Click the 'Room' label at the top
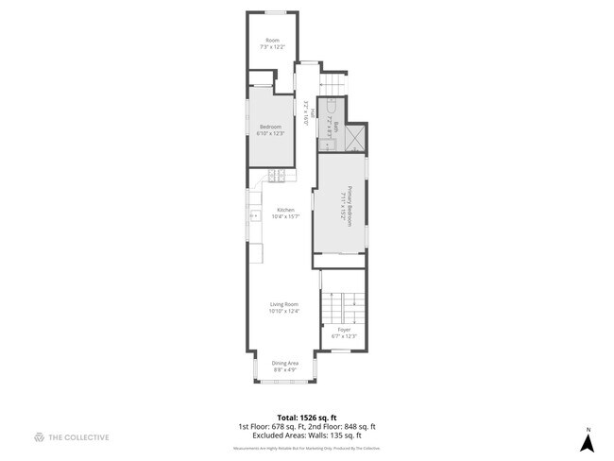[272, 40]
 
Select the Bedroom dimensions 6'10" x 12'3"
[270, 133]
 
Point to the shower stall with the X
[354, 138]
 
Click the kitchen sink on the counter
[253, 215]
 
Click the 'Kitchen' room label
[285, 210]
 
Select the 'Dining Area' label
[285, 363]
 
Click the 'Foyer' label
[344, 330]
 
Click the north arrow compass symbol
[587, 439]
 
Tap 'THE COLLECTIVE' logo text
[79, 437]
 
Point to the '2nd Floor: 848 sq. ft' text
[344, 427]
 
